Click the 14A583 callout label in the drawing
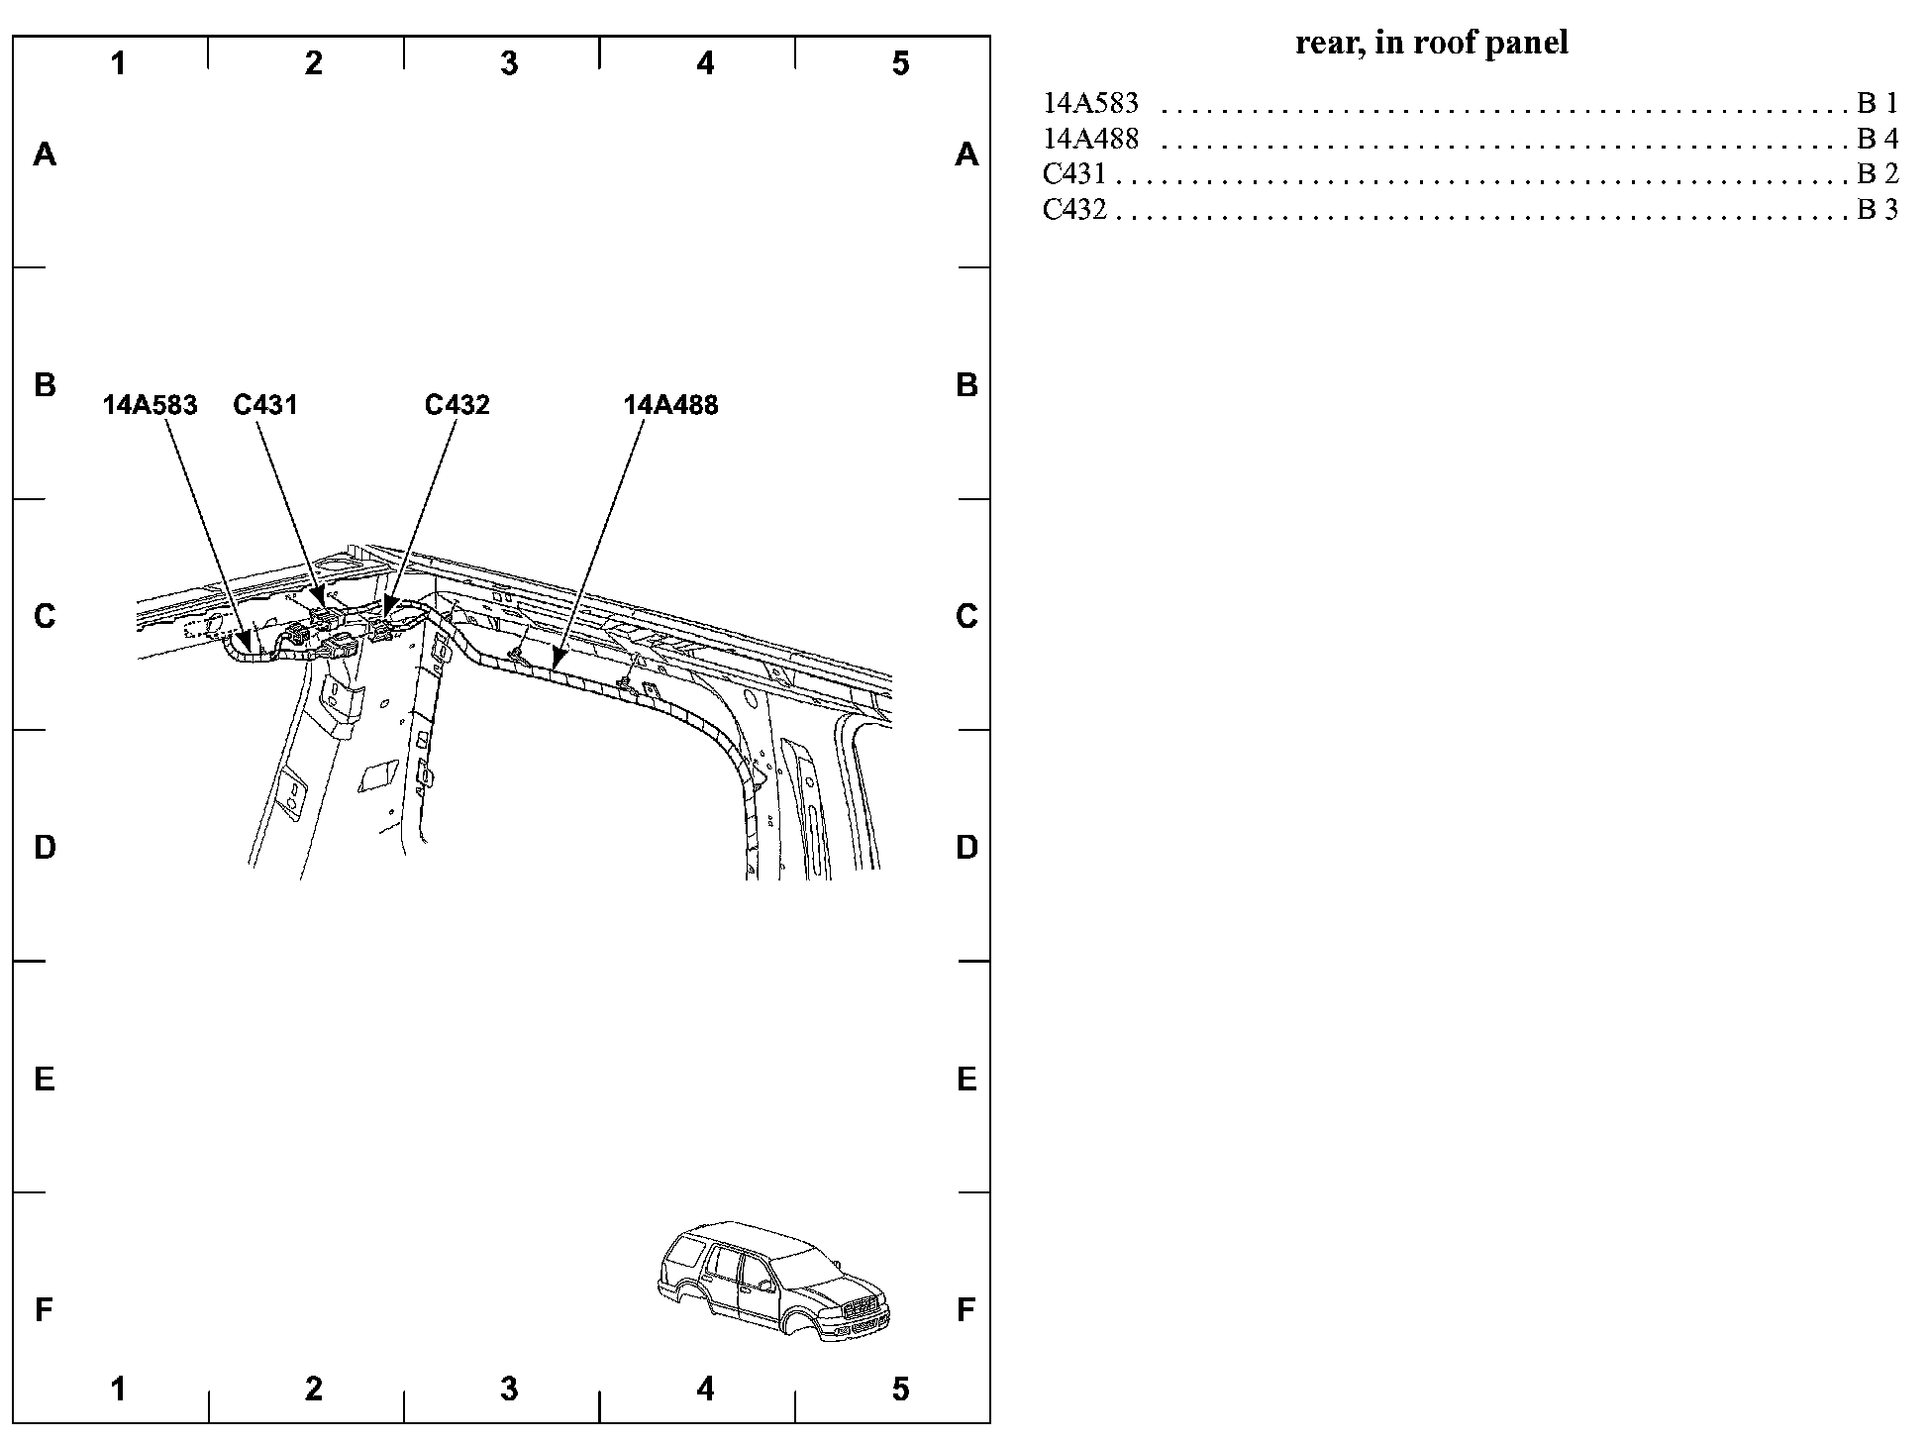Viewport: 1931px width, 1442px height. [x=150, y=405]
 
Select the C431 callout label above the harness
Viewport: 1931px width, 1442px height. [x=265, y=405]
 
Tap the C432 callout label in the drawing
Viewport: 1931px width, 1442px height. [x=457, y=405]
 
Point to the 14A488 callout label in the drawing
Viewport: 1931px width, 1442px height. [x=670, y=405]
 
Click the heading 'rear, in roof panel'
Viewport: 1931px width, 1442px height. [x=1432, y=43]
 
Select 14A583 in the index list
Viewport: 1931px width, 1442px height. [x=1090, y=103]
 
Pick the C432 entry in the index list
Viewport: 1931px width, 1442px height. [x=1074, y=210]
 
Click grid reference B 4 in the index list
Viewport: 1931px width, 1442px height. [x=1878, y=139]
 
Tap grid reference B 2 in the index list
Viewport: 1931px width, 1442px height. [x=1878, y=174]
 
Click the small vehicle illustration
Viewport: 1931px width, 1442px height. [x=773, y=1282]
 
